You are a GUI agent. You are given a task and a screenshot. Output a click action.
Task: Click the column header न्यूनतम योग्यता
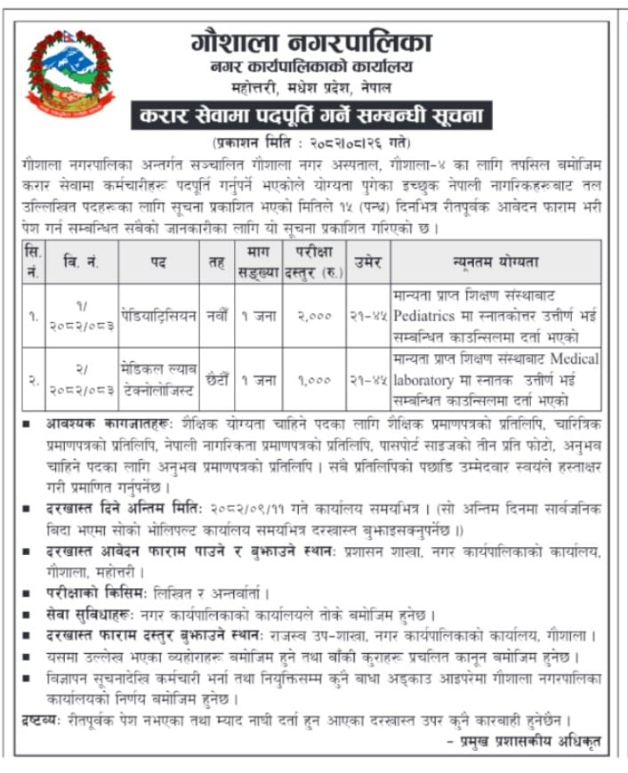click(495, 262)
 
